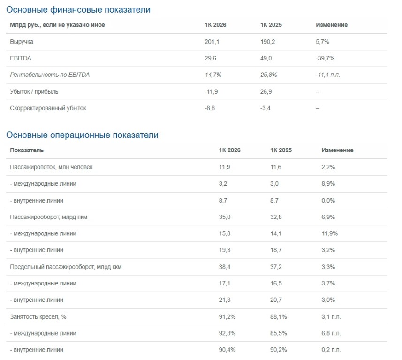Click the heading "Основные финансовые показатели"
coord(78,10)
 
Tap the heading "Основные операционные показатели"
coord(82,135)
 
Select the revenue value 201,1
coord(212,42)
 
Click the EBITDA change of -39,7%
coord(325,59)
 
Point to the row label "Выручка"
coord(22,42)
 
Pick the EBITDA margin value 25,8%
coord(269,75)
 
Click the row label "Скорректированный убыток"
coord(48,108)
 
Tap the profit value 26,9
coord(266,92)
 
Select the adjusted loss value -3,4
coord(265,108)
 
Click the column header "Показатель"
coord(27,150)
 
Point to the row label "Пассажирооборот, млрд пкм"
coord(49,217)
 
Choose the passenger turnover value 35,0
coord(225,217)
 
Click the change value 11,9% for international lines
coord(329,233)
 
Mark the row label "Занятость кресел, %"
coord(38,317)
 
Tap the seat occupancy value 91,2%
coord(227,317)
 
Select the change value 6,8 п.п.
coord(331,333)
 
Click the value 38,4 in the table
coord(225,267)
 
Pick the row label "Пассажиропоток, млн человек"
coord(51,167)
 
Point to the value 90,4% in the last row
coord(227,350)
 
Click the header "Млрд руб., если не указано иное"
coord(57,25)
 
